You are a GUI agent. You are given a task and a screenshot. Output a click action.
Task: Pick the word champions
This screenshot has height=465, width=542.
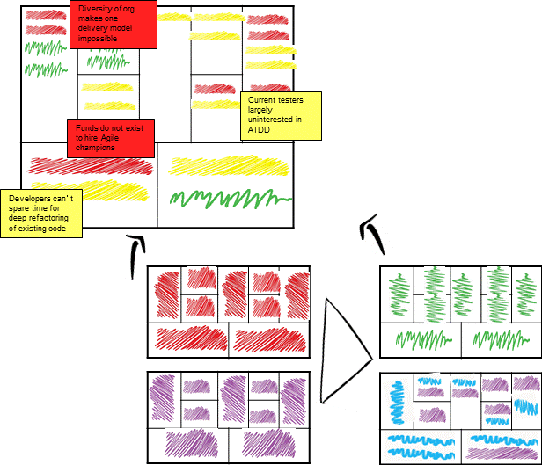[95, 148]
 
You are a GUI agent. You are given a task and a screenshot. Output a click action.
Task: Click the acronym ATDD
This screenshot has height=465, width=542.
[260, 129]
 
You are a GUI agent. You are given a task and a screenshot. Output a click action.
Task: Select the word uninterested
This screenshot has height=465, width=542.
[273, 120]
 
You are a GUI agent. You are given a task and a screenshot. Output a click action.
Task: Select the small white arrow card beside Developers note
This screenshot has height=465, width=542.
[133, 257]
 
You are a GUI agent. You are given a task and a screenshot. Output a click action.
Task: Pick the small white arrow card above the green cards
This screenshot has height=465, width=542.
[370, 235]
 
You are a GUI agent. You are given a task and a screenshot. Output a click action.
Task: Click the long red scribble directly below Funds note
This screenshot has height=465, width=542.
[88, 164]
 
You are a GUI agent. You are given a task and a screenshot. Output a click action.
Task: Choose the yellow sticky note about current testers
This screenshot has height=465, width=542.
[280, 115]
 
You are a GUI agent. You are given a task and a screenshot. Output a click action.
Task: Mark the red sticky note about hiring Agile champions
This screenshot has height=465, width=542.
[111, 138]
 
